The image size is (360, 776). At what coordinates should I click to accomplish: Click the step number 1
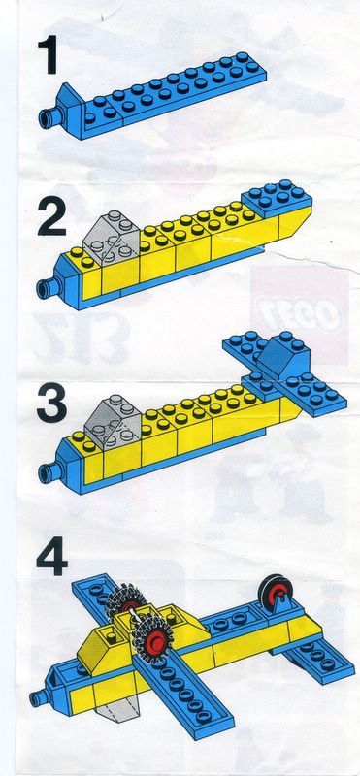(x=49, y=54)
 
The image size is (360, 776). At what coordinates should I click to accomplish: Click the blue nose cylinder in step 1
(x=49, y=117)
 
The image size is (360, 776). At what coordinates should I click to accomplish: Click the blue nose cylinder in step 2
(x=48, y=288)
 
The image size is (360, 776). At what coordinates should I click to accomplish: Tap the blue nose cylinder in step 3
(x=49, y=471)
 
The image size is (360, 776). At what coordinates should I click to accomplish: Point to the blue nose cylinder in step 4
(x=39, y=698)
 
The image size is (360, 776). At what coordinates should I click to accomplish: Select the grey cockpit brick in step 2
(x=114, y=237)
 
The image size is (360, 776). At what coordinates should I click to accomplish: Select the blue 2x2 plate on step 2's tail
(x=277, y=198)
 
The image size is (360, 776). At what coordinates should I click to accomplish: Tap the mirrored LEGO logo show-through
(x=299, y=314)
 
